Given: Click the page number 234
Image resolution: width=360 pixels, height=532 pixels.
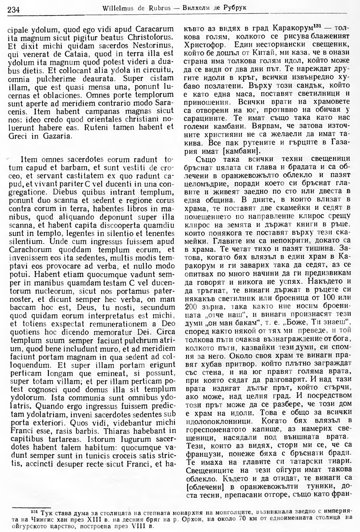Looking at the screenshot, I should click(13, 9).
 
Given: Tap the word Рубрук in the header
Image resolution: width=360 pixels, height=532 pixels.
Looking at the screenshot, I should click(235, 8).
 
